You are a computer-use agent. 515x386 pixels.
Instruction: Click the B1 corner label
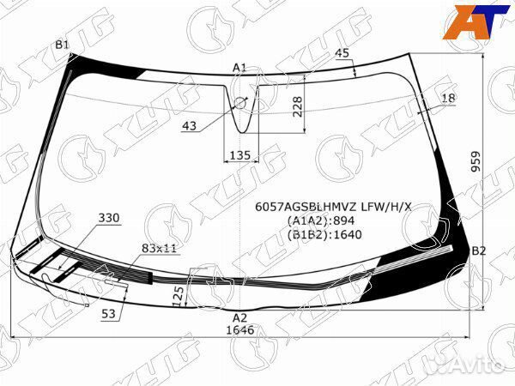[x=62, y=45]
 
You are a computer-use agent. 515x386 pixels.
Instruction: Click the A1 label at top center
[x=239, y=67]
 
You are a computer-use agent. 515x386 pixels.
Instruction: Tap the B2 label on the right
[x=479, y=250]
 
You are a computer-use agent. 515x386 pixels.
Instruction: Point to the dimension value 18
[x=448, y=100]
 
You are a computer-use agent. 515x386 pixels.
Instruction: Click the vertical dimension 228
[x=297, y=106]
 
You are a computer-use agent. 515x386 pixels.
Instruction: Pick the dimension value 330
[x=109, y=218]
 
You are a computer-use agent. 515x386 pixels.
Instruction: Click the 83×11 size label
[x=160, y=248]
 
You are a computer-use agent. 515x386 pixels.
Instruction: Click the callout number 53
[x=109, y=314]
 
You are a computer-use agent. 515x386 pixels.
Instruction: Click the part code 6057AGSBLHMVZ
[x=307, y=206]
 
